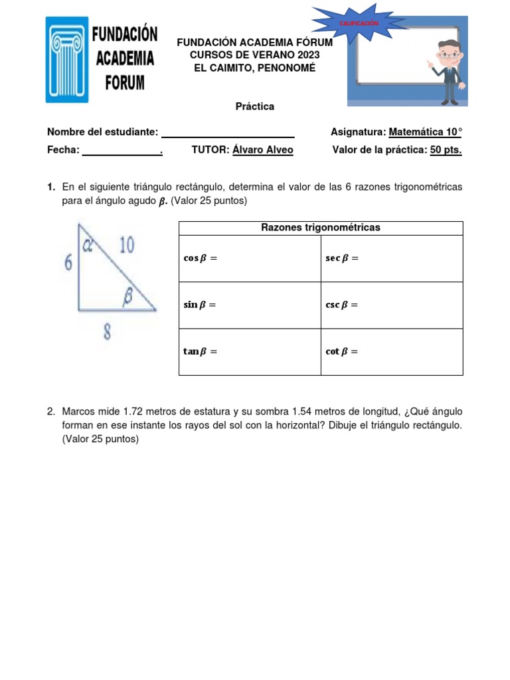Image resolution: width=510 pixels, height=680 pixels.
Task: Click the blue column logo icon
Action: (x=66, y=60)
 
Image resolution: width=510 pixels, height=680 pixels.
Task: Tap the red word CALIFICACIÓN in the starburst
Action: (x=359, y=23)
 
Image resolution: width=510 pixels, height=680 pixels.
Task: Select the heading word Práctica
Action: (x=255, y=106)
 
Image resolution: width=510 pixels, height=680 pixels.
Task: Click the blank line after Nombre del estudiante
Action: (x=228, y=133)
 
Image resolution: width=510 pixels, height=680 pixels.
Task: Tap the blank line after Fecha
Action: (x=122, y=151)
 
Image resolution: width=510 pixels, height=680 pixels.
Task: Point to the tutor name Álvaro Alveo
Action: (x=262, y=150)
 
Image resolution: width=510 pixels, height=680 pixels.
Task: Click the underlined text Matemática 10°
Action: (x=425, y=132)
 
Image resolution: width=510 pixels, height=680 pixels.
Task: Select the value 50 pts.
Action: (x=446, y=150)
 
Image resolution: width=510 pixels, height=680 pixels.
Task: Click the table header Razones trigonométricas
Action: (x=321, y=228)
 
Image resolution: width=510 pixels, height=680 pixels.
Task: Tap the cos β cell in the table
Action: (x=250, y=258)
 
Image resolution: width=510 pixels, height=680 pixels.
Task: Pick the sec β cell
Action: (x=392, y=258)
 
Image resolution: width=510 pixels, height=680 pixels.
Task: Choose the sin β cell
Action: (x=250, y=305)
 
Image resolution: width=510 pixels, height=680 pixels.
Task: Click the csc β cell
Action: (x=392, y=305)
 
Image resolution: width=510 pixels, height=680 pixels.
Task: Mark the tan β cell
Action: (x=250, y=352)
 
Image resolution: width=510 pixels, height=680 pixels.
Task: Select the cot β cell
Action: (x=392, y=352)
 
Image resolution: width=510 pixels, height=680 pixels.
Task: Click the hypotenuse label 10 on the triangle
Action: (x=126, y=246)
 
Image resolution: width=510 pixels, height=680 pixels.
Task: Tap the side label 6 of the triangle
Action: (x=67, y=263)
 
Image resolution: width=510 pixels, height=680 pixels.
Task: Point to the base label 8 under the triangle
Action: (x=107, y=333)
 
